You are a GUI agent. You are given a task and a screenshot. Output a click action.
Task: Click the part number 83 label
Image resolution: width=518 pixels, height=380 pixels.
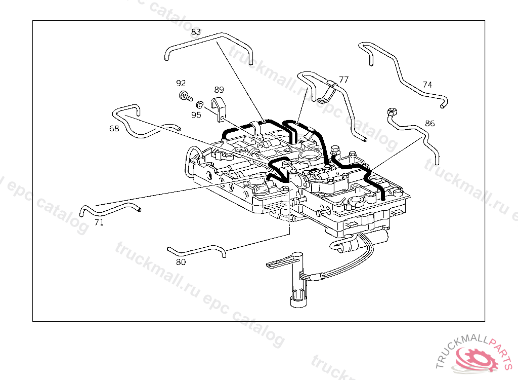(196, 31)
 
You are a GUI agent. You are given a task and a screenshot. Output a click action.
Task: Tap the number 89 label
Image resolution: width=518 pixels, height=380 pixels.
(219, 90)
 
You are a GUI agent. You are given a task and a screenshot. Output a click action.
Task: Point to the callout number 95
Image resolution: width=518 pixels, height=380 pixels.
(196, 115)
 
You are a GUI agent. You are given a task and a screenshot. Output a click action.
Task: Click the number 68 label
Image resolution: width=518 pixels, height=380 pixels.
(114, 129)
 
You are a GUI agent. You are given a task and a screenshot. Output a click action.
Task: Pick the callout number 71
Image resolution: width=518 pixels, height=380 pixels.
(99, 222)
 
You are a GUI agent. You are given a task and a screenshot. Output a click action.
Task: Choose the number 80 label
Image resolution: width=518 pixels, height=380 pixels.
(181, 262)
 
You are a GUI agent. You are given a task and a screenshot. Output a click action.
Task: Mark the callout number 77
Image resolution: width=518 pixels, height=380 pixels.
(344, 80)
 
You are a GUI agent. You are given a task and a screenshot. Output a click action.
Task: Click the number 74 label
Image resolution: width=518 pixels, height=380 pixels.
(427, 85)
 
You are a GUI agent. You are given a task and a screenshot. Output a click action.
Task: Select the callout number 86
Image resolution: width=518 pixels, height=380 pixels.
(430, 123)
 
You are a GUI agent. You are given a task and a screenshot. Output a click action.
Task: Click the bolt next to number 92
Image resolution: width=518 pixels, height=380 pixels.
(185, 95)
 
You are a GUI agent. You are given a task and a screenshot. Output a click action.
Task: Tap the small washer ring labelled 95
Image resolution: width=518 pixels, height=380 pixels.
(200, 105)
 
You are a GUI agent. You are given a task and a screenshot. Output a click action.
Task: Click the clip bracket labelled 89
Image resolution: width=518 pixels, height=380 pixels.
(219, 107)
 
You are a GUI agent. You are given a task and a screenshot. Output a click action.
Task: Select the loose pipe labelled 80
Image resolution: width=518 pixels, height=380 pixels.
(197, 249)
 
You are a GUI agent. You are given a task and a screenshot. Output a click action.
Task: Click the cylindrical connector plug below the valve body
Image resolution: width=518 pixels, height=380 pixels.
(298, 296)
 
